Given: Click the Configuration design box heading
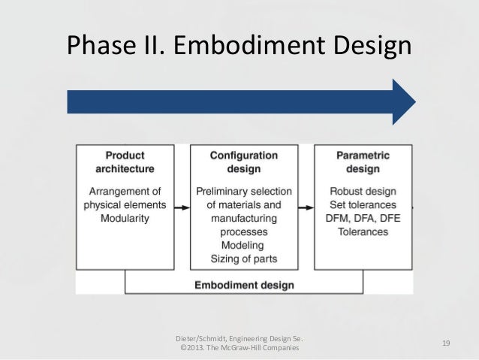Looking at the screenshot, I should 243,162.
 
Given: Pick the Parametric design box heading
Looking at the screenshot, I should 363,162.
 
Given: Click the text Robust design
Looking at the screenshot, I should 363,191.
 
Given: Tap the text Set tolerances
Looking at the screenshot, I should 363,204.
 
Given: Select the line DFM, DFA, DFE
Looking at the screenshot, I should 363,218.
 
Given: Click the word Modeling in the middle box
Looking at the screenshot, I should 243,246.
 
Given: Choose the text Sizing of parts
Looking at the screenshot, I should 243,259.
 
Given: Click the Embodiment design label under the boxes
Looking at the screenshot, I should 244,286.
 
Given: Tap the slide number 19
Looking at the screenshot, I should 446,343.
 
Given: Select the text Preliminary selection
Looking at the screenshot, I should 243,191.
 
